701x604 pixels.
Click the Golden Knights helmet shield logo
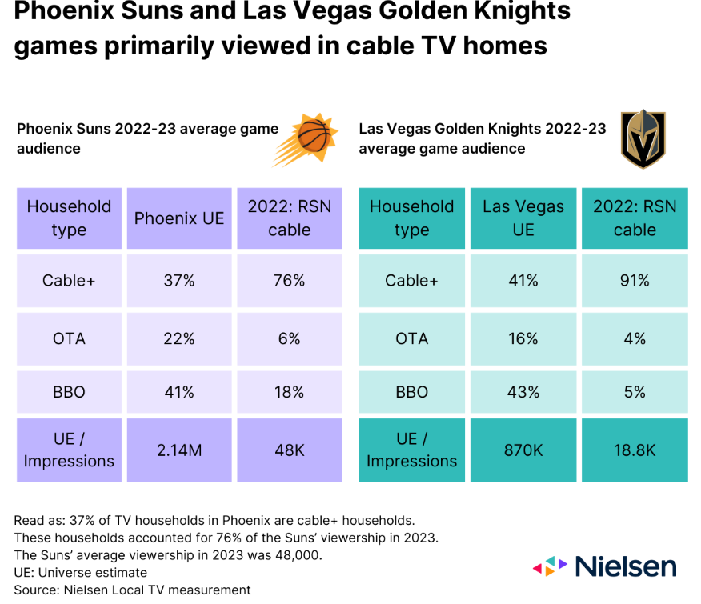point(643,138)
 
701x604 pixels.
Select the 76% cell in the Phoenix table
point(289,281)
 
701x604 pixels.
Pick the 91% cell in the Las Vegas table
point(635,281)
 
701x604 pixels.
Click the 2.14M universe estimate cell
point(179,450)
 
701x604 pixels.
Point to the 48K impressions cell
point(289,450)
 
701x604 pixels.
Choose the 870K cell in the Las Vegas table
point(523,450)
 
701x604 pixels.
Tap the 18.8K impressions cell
point(635,450)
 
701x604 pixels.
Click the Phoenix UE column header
point(179,218)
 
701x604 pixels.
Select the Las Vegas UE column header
point(523,218)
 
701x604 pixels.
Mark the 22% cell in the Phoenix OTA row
point(179,338)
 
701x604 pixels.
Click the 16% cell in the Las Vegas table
point(523,338)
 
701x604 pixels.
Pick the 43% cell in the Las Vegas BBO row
point(523,392)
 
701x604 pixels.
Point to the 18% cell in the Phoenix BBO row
point(289,392)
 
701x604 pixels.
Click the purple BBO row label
point(69,392)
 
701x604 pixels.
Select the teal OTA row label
point(411,338)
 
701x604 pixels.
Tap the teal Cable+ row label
point(411,281)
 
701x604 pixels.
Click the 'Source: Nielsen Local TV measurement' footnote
point(132,590)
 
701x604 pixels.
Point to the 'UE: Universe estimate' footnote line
point(80,572)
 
